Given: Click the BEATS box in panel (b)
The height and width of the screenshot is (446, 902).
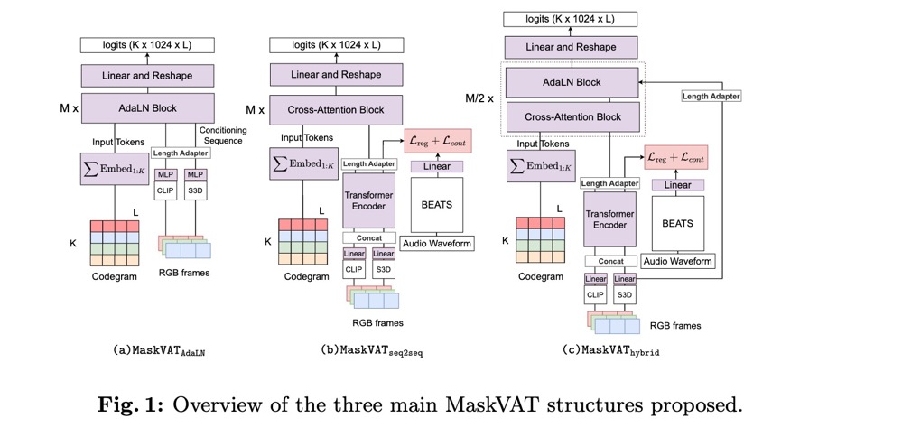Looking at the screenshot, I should [x=437, y=204].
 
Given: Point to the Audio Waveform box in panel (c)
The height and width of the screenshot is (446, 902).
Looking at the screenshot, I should [x=677, y=262].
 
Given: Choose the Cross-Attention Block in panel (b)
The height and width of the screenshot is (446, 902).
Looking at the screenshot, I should [x=336, y=110].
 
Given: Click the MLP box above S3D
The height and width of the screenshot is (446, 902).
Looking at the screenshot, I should [x=194, y=174].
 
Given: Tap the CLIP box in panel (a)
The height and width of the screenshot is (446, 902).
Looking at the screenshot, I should [x=165, y=190].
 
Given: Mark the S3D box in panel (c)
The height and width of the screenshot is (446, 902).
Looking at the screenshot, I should [x=624, y=293].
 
